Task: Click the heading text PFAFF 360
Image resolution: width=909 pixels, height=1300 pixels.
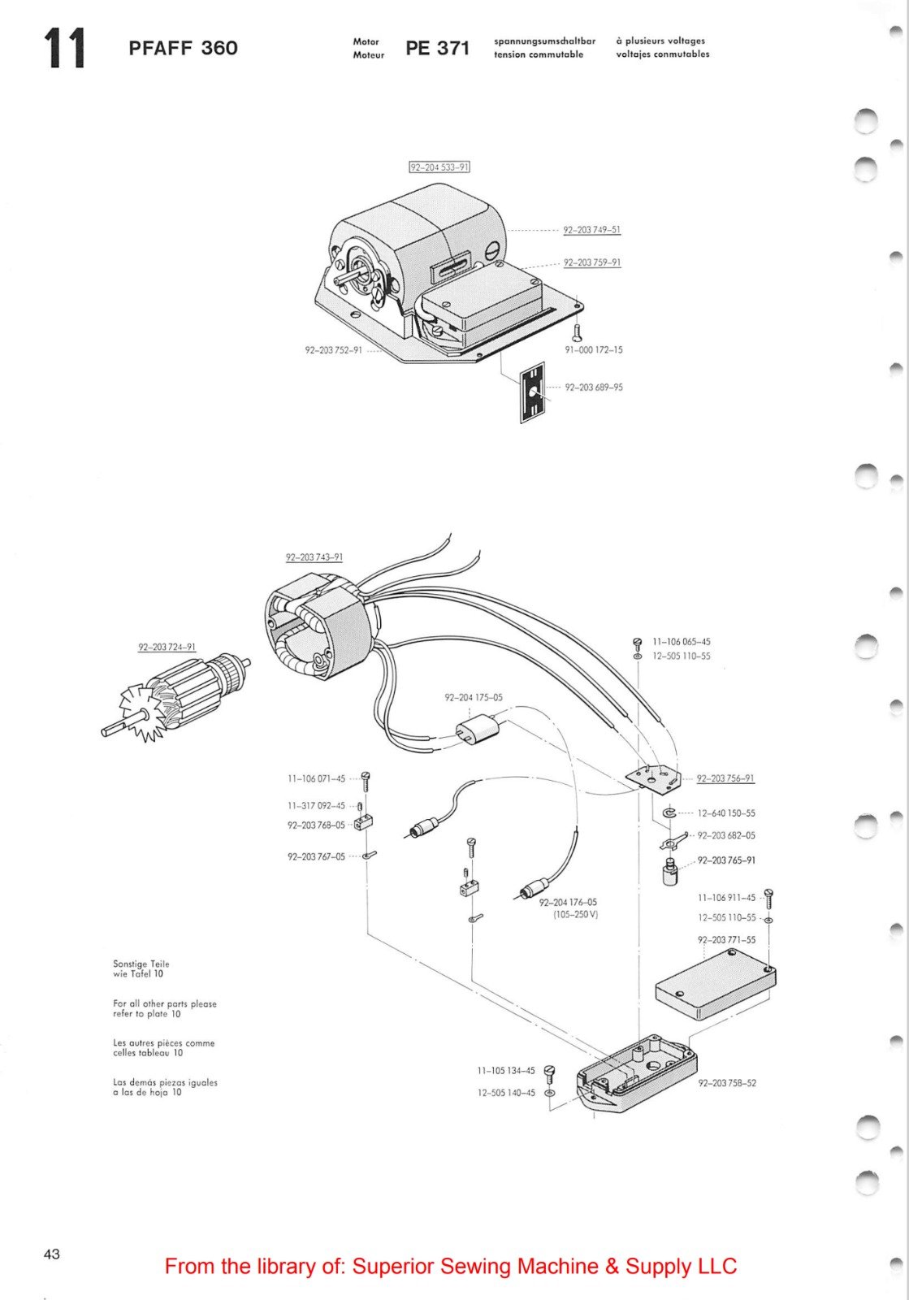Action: [183, 48]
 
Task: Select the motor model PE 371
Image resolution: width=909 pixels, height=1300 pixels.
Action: [437, 48]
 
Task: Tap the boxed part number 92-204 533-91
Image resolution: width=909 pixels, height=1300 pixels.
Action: [439, 167]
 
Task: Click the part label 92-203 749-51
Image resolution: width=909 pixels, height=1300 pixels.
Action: [591, 230]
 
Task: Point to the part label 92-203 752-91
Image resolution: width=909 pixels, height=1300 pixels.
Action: [333, 350]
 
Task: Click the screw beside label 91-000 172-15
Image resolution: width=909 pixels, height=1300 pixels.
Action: [576, 331]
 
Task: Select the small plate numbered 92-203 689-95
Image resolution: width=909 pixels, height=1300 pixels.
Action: [532, 392]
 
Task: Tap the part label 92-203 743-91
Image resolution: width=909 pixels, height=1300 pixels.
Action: [314, 557]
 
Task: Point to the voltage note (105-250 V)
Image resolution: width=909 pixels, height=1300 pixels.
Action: [575, 914]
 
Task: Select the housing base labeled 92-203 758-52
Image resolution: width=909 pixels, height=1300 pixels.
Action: [638, 1077]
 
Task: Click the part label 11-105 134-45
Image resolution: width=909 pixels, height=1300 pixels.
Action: [505, 1071]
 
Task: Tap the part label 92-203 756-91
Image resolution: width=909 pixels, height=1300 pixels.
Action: [725, 778]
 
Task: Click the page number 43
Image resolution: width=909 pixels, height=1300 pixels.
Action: [51, 1254]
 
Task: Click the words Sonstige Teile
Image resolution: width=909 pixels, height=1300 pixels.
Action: [141, 964]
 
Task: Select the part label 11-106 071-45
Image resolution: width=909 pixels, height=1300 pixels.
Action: [316, 778]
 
